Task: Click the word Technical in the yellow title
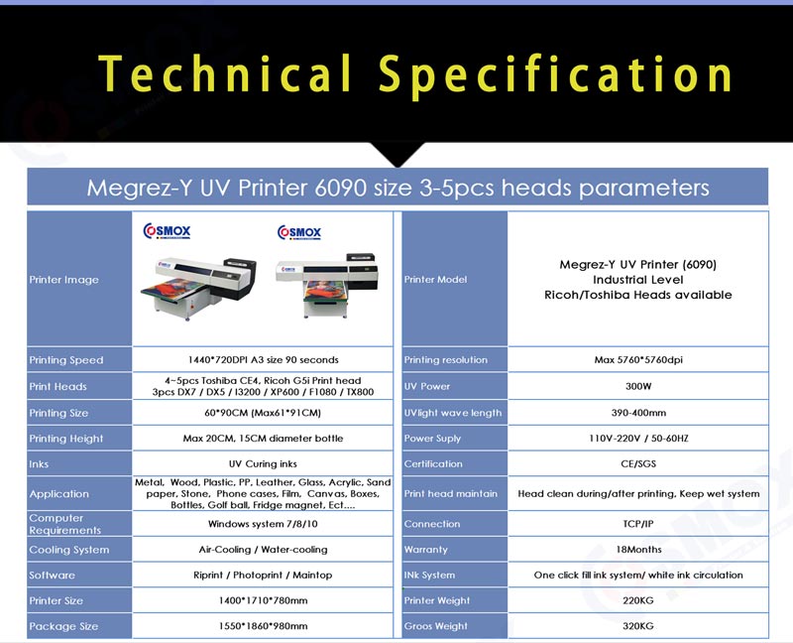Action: point(225,73)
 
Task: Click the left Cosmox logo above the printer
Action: point(167,231)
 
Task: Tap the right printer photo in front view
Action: point(327,284)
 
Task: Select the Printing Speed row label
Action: point(66,360)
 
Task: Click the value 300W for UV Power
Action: point(638,386)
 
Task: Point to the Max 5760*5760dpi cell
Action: point(638,360)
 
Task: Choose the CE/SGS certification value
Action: point(638,463)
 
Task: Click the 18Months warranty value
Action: point(638,550)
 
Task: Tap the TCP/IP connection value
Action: point(638,524)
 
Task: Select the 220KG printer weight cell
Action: point(638,600)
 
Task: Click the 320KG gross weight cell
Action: point(638,626)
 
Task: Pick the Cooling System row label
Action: point(69,550)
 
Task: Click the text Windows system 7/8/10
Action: point(263,524)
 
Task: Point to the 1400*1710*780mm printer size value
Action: point(263,600)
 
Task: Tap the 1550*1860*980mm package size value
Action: point(263,626)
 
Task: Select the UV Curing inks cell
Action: point(263,463)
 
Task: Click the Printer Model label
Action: point(435,280)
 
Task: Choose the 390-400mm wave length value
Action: point(638,413)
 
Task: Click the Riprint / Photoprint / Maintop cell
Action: point(263,576)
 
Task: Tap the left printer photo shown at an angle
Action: point(199,287)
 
